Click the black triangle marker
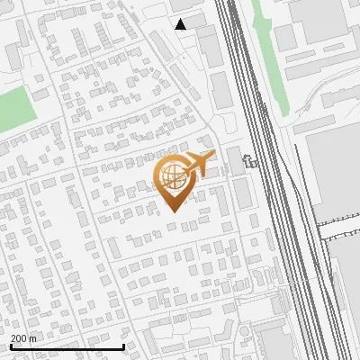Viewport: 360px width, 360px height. coord(181,24)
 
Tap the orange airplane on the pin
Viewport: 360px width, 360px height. coord(199,164)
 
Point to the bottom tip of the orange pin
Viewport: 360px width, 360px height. coord(174,211)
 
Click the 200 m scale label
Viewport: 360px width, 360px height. coord(23,339)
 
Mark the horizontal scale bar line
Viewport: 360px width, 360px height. coord(67,347)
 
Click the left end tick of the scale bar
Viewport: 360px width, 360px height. coord(10,346)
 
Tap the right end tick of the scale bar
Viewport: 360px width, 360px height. coord(123,346)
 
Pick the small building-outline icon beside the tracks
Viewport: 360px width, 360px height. coord(249,163)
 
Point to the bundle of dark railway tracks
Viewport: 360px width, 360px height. coord(270,180)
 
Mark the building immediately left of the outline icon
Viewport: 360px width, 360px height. coord(234,160)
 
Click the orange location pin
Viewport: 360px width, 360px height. coord(174,180)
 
